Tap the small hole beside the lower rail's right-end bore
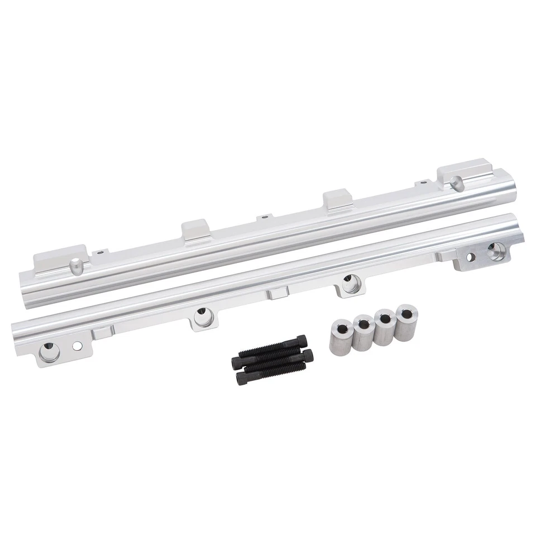(x=470, y=257)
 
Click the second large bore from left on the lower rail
(x=202, y=317)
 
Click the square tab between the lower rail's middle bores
(x=276, y=292)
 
